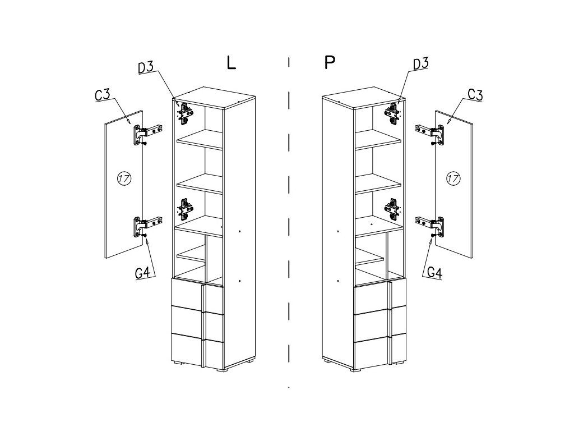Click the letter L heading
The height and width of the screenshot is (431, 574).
pyautogui.click(x=232, y=62)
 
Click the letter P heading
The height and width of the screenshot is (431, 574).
pyautogui.click(x=330, y=62)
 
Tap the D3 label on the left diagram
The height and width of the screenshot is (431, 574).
pyautogui.click(x=146, y=67)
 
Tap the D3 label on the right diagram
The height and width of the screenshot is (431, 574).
pyautogui.click(x=420, y=63)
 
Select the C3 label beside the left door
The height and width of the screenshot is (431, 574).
pyautogui.click(x=103, y=94)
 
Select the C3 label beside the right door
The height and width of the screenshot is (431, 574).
pyautogui.click(x=475, y=94)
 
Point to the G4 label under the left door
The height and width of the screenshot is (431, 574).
pyautogui.click(x=142, y=273)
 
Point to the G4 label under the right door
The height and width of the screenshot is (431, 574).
pyautogui.click(x=435, y=273)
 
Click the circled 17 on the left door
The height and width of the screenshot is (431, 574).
pyautogui.click(x=124, y=178)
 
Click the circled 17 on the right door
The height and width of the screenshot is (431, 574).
pyautogui.click(x=453, y=178)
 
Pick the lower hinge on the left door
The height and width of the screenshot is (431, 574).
pyautogui.click(x=147, y=226)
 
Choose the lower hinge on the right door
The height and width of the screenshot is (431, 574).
pyautogui.click(x=430, y=226)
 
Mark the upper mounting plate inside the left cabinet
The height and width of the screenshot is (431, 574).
pyautogui.click(x=185, y=113)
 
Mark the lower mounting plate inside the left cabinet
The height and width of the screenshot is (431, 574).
pyautogui.click(x=185, y=209)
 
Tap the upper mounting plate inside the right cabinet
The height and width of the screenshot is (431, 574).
pyautogui.click(x=392, y=113)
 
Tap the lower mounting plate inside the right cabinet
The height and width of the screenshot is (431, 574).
pyautogui.click(x=392, y=209)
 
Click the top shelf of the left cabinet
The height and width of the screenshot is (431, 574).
pyautogui.click(x=200, y=139)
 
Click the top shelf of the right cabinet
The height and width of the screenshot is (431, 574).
pyautogui.click(x=378, y=139)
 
